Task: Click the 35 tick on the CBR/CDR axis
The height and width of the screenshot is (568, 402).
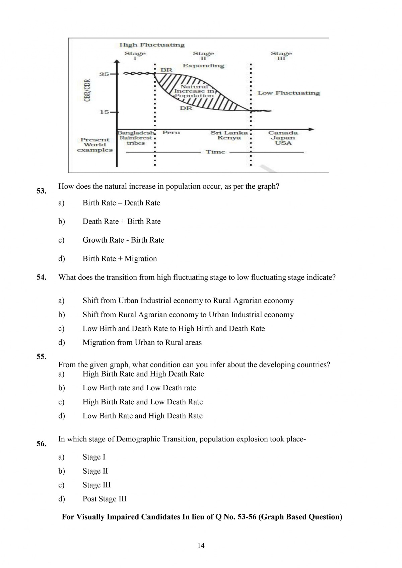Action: click(104, 74)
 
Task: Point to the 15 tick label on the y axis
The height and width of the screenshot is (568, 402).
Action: click(104, 112)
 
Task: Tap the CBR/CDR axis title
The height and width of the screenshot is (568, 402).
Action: click(87, 90)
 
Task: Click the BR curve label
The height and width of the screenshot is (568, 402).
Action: click(166, 70)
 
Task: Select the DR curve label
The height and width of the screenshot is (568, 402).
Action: click(186, 108)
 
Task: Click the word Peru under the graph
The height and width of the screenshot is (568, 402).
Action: click(171, 133)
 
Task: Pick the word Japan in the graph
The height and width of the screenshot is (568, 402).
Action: click(283, 138)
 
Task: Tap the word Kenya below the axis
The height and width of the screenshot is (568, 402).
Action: click(229, 138)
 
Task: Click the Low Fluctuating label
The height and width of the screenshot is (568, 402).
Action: click(289, 93)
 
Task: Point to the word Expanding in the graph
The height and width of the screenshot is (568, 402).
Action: click(203, 66)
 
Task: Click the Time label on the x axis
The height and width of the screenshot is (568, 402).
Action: click(215, 152)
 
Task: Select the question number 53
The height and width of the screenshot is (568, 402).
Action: click(41, 191)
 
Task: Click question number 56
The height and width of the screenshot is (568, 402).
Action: click(41, 444)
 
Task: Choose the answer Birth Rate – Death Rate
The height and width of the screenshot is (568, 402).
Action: click(121, 203)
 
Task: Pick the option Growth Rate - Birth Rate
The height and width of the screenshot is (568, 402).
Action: click(123, 240)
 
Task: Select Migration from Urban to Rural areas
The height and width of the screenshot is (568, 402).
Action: click(142, 342)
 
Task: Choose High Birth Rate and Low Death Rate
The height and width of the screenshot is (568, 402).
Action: click(143, 402)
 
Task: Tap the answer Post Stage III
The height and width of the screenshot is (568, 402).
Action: click(105, 499)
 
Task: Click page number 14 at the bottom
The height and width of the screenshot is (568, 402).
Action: click(201, 546)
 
